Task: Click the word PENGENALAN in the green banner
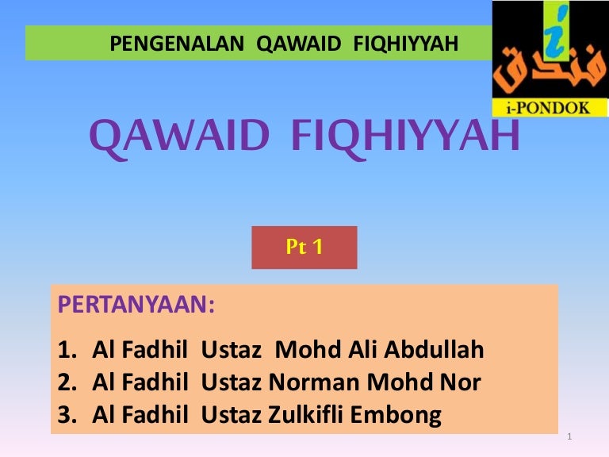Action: (x=177, y=44)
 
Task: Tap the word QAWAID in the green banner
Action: (x=298, y=44)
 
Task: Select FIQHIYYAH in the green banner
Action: (x=405, y=44)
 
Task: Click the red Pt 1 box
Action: (x=304, y=248)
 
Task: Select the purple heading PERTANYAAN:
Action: (x=136, y=305)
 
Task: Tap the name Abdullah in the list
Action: (x=434, y=349)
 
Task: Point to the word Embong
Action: (x=396, y=416)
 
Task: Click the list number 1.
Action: (x=67, y=349)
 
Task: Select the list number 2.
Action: (x=67, y=382)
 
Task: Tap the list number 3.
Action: (x=67, y=415)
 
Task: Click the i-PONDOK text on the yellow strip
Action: (x=548, y=107)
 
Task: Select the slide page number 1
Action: (x=569, y=436)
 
